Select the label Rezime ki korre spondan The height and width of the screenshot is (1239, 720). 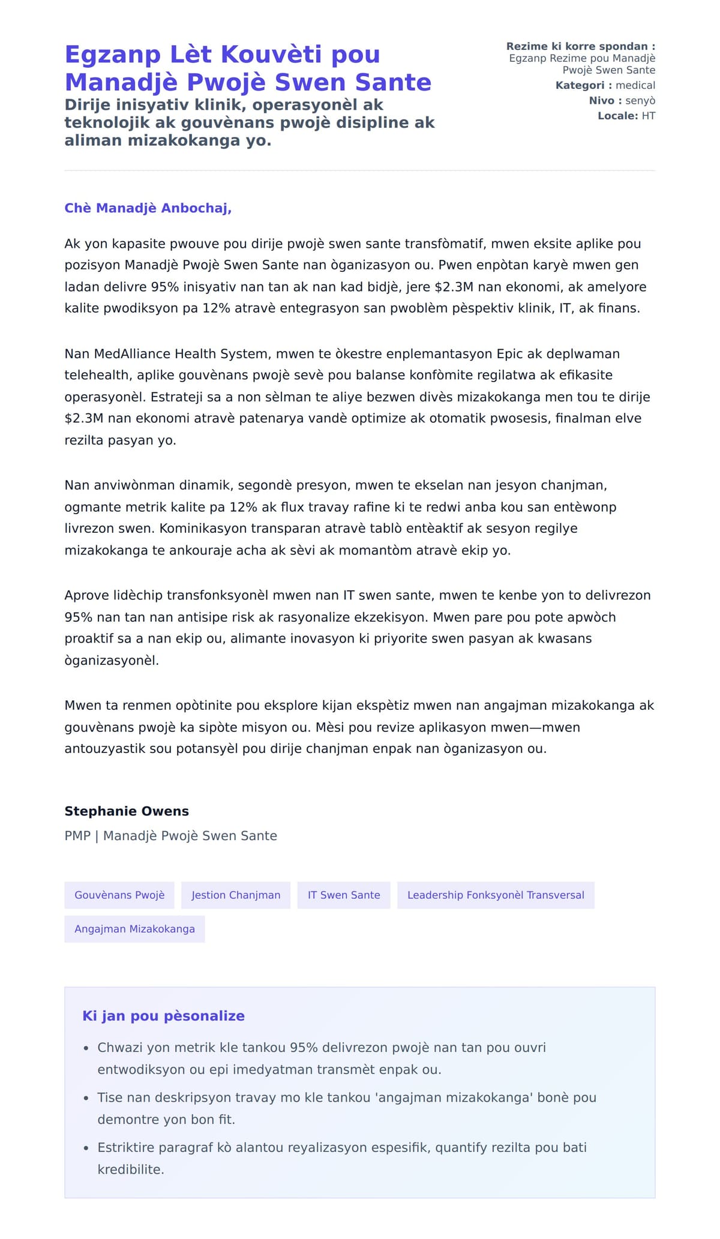[x=580, y=46]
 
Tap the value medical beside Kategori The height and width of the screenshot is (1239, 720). [x=635, y=85]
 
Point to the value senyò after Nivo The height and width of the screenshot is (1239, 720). [x=640, y=101]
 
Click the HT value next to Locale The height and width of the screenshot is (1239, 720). [x=649, y=116]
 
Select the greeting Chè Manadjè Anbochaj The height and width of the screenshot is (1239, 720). [x=148, y=208]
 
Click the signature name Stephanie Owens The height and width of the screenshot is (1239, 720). [x=127, y=811]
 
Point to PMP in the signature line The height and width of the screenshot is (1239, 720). [x=77, y=836]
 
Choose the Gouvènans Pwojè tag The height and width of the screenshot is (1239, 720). [x=119, y=895]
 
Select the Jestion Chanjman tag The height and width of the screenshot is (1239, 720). [x=236, y=895]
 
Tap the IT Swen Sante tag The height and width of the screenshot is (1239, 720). [x=344, y=895]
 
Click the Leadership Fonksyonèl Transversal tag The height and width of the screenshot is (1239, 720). [x=496, y=895]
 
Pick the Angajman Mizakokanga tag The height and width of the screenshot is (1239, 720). [x=134, y=929]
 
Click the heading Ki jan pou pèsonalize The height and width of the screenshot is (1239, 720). [x=163, y=1016]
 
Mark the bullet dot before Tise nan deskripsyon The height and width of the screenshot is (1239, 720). [x=86, y=1099]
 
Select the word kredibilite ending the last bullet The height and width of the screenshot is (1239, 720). [x=130, y=1169]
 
